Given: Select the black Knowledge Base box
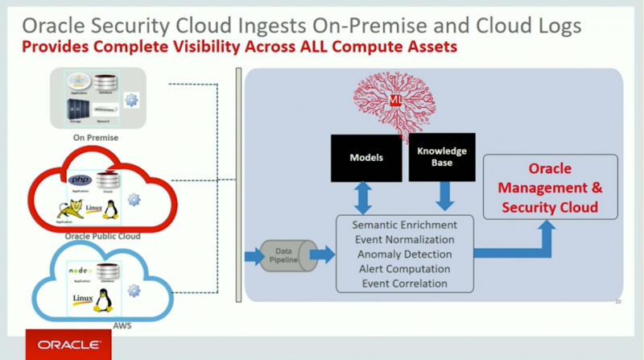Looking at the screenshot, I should click(x=442, y=157).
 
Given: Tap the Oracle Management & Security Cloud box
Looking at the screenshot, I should click(x=550, y=188).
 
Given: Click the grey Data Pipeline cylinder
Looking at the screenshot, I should click(x=283, y=255).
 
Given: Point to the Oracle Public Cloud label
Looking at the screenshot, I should click(x=102, y=236).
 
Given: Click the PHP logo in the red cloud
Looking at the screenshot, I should click(x=79, y=178).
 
